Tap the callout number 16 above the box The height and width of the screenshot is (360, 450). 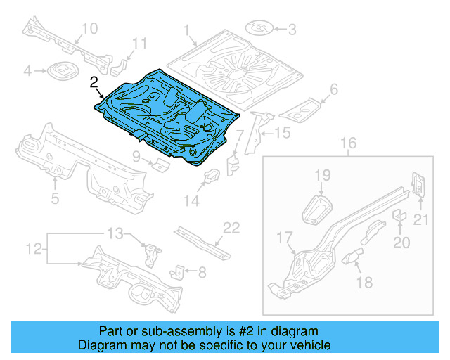click(x=349, y=145)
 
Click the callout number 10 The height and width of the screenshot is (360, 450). click(x=89, y=28)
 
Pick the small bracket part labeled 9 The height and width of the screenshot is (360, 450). click(x=161, y=165)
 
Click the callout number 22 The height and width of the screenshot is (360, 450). click(x=231, y=227)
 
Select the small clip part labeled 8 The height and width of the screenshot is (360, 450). click(x=179, y=271)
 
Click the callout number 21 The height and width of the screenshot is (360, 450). click(x=420, y=221)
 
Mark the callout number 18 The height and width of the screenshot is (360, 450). click(x=364, y=283)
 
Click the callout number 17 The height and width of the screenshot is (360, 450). click(x=284, y=237)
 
